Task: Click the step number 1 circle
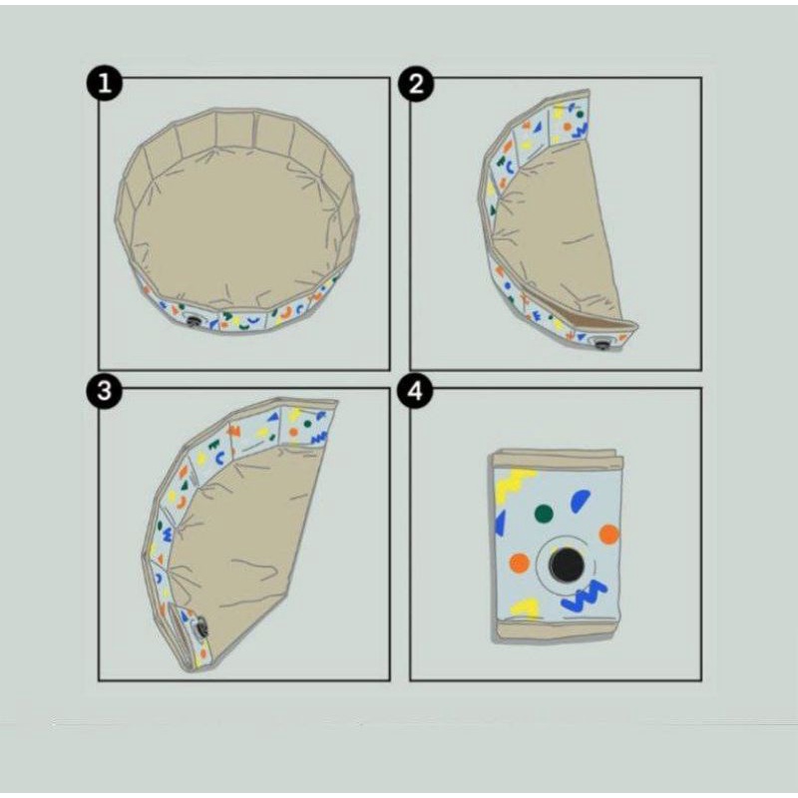[x=105, y=83]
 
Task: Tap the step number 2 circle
[x=416, y=83]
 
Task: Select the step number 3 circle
[x=105, y=391]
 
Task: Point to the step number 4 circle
[x=415, y=391]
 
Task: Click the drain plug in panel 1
[x=194, y=321]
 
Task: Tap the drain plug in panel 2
[x=602, y=344]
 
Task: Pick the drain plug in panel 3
[x=201, y=627]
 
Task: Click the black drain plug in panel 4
[x=567, y=566]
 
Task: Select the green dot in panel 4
[x=544, y=514]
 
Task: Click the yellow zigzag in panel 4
[x=513, y=483]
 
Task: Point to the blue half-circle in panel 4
[x=581, y=501]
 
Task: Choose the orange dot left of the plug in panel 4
[x=519, y=563]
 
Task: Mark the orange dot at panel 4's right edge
[x=609, y=535]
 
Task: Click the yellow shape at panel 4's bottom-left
[x=526, y=607]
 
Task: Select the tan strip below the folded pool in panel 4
[x=555, y=631]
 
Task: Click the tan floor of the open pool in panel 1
[x=235, y=223]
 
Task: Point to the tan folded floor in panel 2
[x=560, y=229]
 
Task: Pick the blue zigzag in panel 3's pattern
[x=318, y=437]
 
